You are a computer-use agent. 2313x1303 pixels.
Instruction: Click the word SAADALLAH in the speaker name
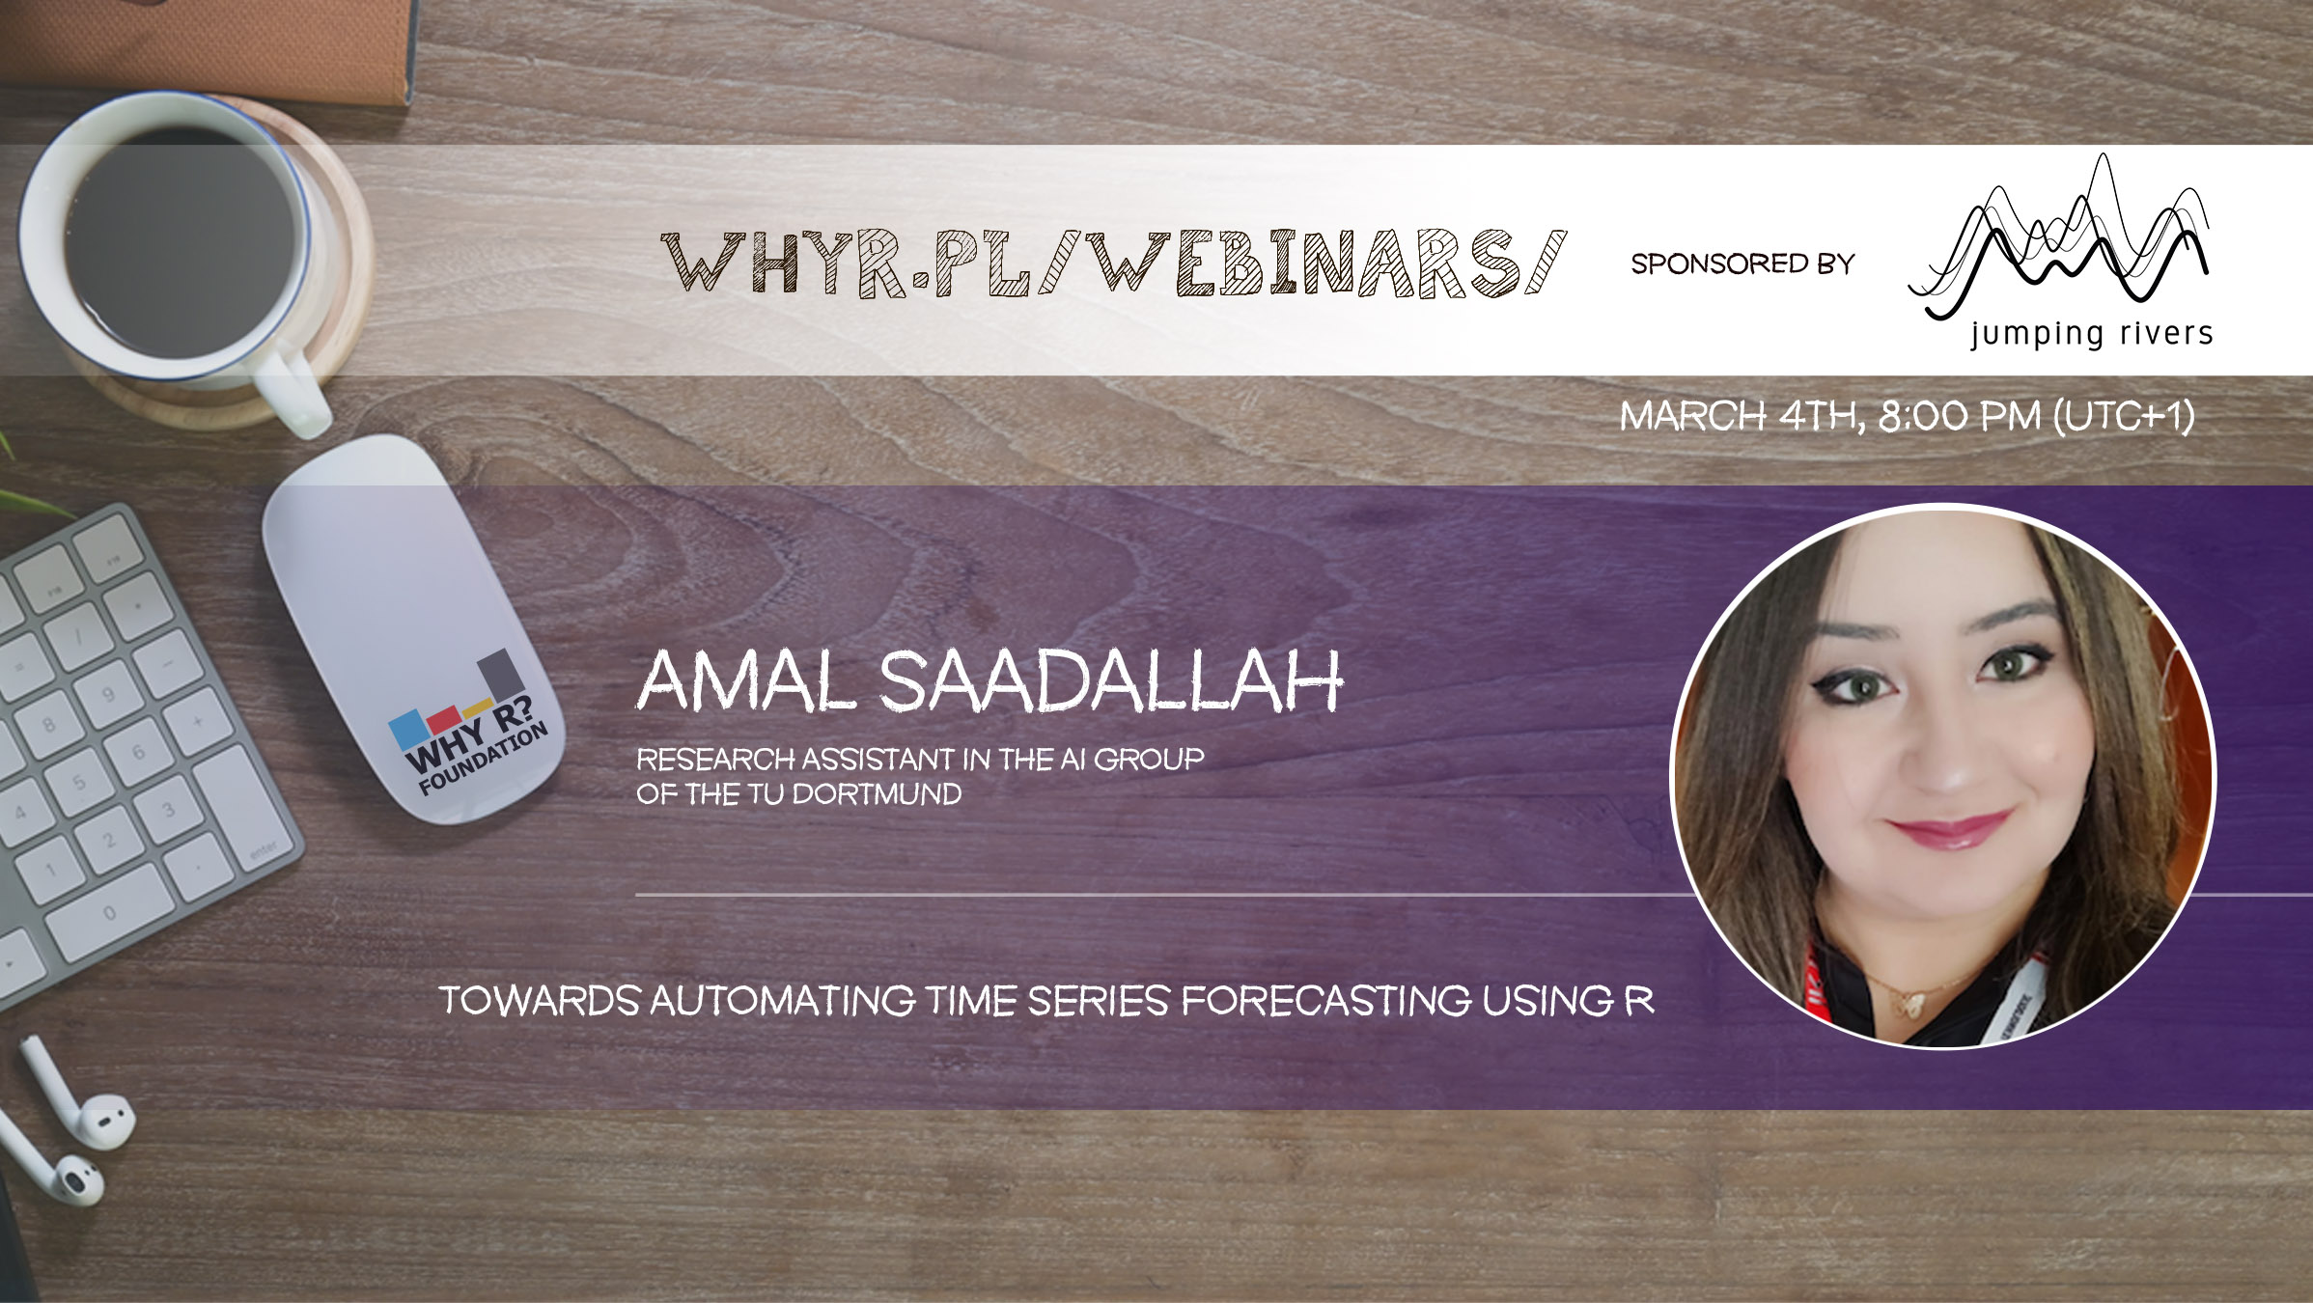coord(1110,681)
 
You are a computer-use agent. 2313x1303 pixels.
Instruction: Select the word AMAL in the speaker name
coord(746,681)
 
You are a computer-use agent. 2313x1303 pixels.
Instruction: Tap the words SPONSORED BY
coord(1742,263)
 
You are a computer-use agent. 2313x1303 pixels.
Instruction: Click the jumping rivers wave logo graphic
coord(2059,237)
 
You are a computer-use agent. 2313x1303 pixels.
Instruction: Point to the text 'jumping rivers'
coord(2091,334)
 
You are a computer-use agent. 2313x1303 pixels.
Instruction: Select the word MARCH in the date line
coord(1692,416)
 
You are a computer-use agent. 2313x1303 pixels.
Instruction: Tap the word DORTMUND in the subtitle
coord(877,794)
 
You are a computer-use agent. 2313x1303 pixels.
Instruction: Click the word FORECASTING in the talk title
coord(1326,1001)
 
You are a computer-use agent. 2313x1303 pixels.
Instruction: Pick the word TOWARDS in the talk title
coord(540,1001)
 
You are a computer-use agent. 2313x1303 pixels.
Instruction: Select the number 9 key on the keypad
coord(107,694)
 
